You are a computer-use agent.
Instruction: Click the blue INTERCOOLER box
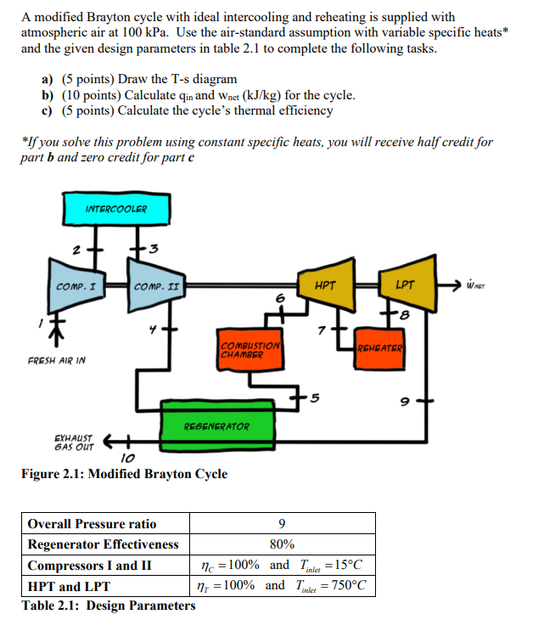(115, 209)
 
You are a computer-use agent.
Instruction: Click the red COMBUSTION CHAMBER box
(250, 350)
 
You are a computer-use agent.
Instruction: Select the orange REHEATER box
(379, 348)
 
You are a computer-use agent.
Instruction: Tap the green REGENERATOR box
(216, 425)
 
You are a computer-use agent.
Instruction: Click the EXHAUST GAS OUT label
(76, 437)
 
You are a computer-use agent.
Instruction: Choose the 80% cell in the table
(282, 544)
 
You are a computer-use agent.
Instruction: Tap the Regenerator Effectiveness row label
(104, 544)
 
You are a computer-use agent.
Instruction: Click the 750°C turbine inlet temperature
(340, 585)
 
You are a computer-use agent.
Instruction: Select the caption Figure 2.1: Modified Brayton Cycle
(124, 474)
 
